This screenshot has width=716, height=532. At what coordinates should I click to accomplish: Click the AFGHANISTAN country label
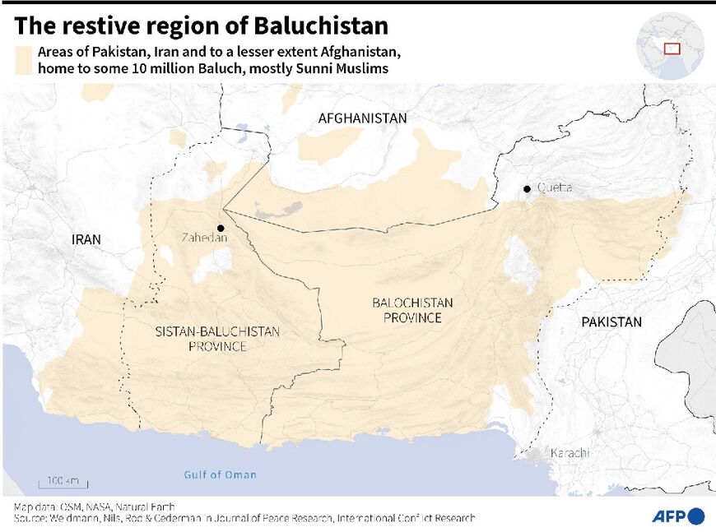pos(362,118)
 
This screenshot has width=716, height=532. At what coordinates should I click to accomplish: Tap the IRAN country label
pos(86,240)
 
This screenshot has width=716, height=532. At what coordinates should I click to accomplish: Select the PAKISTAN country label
pos(611,322)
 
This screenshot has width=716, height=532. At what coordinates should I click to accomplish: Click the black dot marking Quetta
pos(527,189)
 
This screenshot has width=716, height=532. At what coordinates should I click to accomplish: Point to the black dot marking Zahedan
pos(221,228)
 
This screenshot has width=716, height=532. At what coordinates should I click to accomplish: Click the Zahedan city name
pos(204,238)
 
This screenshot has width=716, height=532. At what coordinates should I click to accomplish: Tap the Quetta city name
pos(555,188)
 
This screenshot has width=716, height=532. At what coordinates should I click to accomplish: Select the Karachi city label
pos(570,453)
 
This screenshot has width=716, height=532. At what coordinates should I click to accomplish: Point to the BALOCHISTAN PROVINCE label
pos(412,310)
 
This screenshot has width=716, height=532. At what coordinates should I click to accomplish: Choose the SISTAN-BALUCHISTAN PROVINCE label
pos(217,339)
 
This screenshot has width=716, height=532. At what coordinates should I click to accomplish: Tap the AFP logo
pos(678,516)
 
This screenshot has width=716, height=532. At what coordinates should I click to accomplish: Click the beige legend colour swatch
pos(24,60)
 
